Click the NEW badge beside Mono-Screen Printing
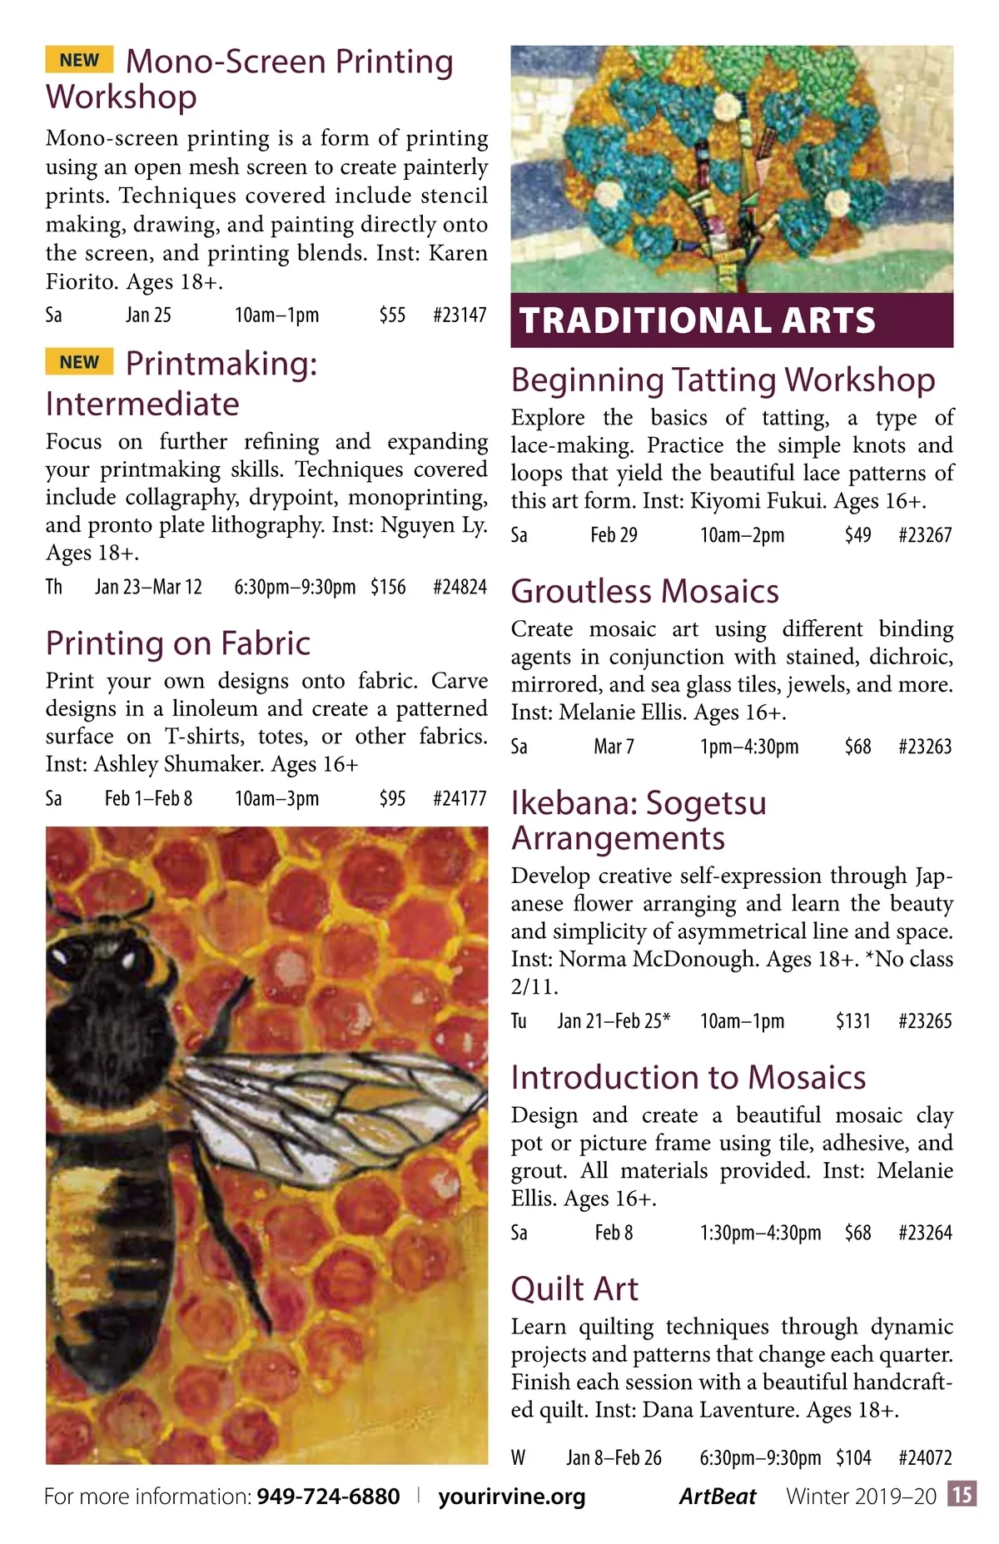pos(79,60)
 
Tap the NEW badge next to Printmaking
pos(79,362)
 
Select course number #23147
pos(460,315)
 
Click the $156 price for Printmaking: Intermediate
pos(388,587)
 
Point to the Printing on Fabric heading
pos(178,643)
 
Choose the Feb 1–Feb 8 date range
pos(148,798)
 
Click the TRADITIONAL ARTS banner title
pos(698,320)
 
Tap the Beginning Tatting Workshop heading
pos(723,380)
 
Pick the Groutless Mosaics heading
pos(645,591)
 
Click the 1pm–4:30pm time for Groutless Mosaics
pos(749,746)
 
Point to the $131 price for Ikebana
pos(853,1020)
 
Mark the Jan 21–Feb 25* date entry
pos(614,1020)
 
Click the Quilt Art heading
pos(574,1288)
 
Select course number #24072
pos(925,1457)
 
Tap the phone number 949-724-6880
pos(328,1497)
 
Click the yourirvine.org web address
pos(512,1497)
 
